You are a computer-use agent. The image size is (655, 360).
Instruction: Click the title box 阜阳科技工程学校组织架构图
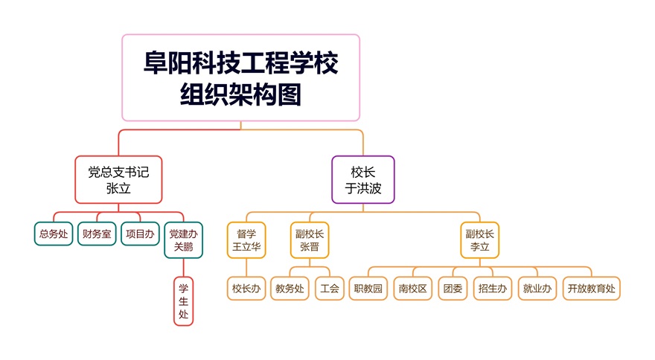tap(240, 77)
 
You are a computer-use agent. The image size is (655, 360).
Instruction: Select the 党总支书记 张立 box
tap(118, 179)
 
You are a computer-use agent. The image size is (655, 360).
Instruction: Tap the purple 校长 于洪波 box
tap(363, 179)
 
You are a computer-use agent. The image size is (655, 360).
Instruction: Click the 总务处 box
tap(54, 234)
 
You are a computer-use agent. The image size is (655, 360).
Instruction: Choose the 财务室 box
tap(97, 234)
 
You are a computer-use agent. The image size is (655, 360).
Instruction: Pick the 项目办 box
tap(140, 234)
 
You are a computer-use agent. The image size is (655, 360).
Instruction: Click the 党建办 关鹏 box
tap(183, 240)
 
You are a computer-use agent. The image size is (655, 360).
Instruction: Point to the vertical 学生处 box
tap(183, 301)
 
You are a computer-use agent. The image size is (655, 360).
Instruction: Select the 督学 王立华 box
tap(246, 240)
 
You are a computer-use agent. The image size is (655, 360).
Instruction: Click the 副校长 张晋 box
tap(309, 240)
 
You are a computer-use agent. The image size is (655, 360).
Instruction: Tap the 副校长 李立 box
tap(479, 240)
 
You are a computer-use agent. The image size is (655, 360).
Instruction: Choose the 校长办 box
tap(246, 289)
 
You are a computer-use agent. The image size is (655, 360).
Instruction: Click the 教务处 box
tap(290, 289)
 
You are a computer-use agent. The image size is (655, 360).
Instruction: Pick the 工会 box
tap(329, 289)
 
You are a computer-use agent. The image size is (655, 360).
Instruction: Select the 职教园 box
tap(368, 289)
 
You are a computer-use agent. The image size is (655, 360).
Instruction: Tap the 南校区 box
tap(412, 289)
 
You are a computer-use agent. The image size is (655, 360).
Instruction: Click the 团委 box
tap(453, 289)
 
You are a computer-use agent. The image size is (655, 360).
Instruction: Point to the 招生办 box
tap(493, 289)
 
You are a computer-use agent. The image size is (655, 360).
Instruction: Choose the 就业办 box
tap(537, 289)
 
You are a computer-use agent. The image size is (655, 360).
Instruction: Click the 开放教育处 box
tap(592, 289)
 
